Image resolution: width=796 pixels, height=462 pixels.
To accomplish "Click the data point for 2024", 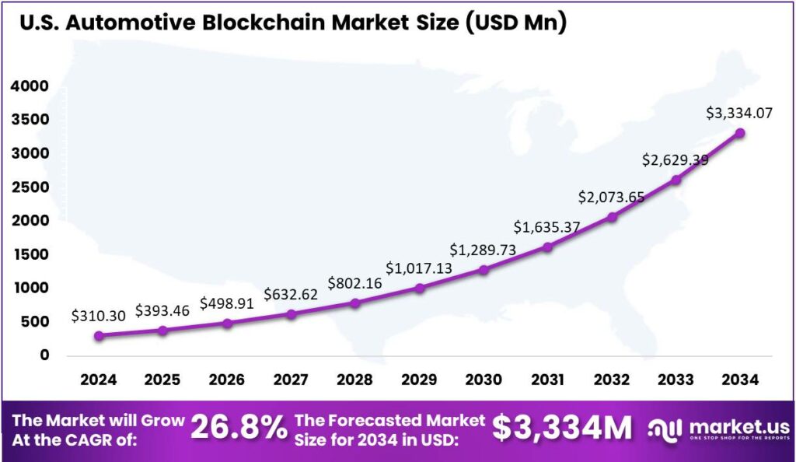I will click(x=99, y=335).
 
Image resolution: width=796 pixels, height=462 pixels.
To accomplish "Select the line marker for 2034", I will click(x=740, y=133).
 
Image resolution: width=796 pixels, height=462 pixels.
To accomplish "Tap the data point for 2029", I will click(x=419, y=288).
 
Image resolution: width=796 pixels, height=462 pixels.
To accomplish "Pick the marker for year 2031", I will click(x=547, y=247).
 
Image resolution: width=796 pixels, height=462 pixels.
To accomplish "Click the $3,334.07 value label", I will click(x=739, y=113).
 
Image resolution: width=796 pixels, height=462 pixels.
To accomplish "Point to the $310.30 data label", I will click(x=98, y=316).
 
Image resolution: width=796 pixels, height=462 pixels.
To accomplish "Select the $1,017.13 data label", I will click(x=418, y=268).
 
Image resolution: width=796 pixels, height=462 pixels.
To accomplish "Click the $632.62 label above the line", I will click(x=291, y=294).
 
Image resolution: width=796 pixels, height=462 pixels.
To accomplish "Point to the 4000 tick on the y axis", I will click(x=30, y=86).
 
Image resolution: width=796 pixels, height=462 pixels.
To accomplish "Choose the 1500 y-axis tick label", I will click(x=30, y=254).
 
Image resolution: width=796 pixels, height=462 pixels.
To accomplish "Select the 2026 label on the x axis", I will click(x=227, y=380).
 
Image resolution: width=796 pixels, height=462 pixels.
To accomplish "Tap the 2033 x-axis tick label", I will click(x=676, y=380).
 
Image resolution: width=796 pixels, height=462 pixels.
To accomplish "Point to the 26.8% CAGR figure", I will click(x=239, y=428).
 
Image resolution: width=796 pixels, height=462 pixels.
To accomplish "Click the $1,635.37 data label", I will click(x=546, y=227).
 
